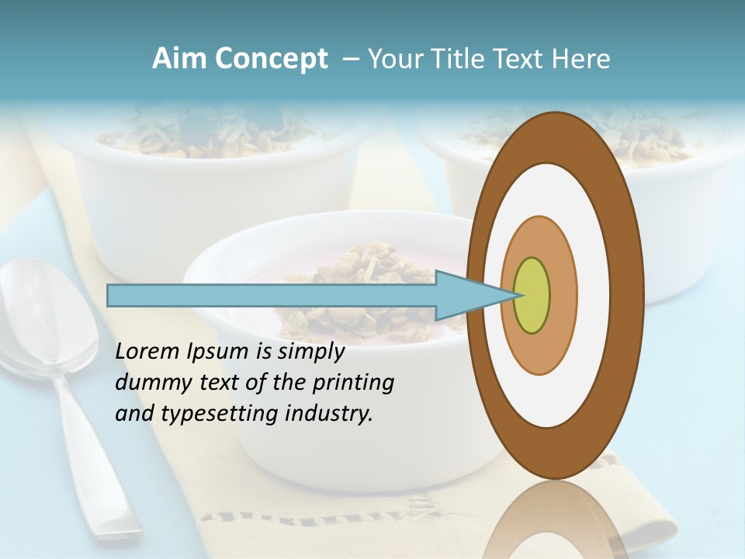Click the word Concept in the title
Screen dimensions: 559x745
(271, 59)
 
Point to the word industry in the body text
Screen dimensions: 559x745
(329, 415)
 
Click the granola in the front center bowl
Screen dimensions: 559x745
(365, 272)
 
